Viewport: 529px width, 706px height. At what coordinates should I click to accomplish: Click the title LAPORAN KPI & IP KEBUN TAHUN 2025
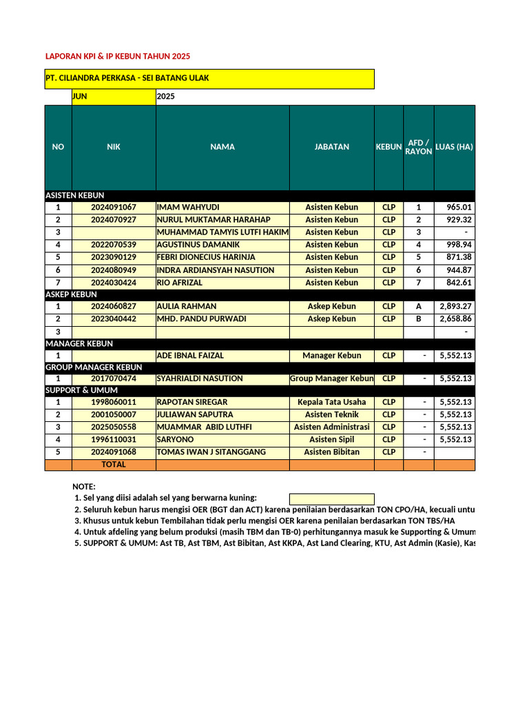click(x=117, y=56)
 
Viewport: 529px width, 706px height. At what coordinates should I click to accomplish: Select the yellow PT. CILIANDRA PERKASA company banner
click(x=209, y=79)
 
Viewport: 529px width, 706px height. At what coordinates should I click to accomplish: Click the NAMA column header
click(x=222, y=147)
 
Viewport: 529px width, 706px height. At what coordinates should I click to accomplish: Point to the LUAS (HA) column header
click(x=454, y=147)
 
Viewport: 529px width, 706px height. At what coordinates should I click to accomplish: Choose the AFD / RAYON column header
click(x=418, y=147)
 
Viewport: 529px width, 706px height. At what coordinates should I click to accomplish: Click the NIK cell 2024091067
click(x=114, y=208)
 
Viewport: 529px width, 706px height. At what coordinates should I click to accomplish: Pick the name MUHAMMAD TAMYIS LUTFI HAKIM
click(x=222, y=232)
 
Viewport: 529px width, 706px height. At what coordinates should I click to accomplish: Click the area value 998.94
click(x=459, y=245)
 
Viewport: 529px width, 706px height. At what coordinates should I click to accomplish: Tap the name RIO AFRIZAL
click(x=180, y=283)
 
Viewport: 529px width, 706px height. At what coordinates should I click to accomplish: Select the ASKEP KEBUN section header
click(x=71, y=294)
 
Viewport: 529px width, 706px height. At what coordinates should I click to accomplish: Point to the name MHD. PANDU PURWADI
click(x=201, y=319)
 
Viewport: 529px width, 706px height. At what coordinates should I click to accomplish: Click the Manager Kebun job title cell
click(x=331, y=356)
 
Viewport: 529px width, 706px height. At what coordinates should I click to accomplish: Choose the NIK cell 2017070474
click(x=114, y=379)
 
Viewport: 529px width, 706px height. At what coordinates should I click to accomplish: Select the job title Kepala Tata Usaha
click(x=331, y=403)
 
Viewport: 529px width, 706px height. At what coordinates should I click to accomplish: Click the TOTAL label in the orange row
click(x=114, y=465)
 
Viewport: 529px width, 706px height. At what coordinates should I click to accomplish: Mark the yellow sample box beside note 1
click(x=331, y=498)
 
